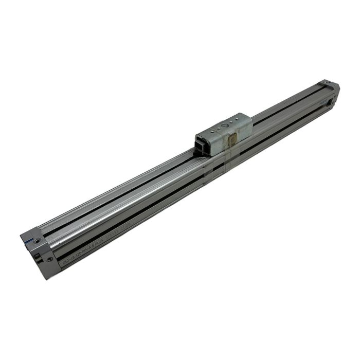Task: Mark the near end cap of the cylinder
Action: click(x=39, y=252)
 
